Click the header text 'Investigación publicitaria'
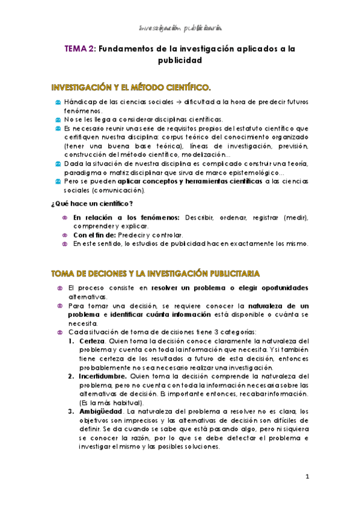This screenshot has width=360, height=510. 180,27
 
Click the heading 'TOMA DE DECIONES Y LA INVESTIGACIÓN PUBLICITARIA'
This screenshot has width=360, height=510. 155,274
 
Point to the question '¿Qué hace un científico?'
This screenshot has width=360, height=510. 91,204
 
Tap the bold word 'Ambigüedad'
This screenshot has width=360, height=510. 99,411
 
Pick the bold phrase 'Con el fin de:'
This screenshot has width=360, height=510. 95,235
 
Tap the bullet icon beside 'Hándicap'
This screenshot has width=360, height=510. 57,103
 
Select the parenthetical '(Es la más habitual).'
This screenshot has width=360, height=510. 112,402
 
